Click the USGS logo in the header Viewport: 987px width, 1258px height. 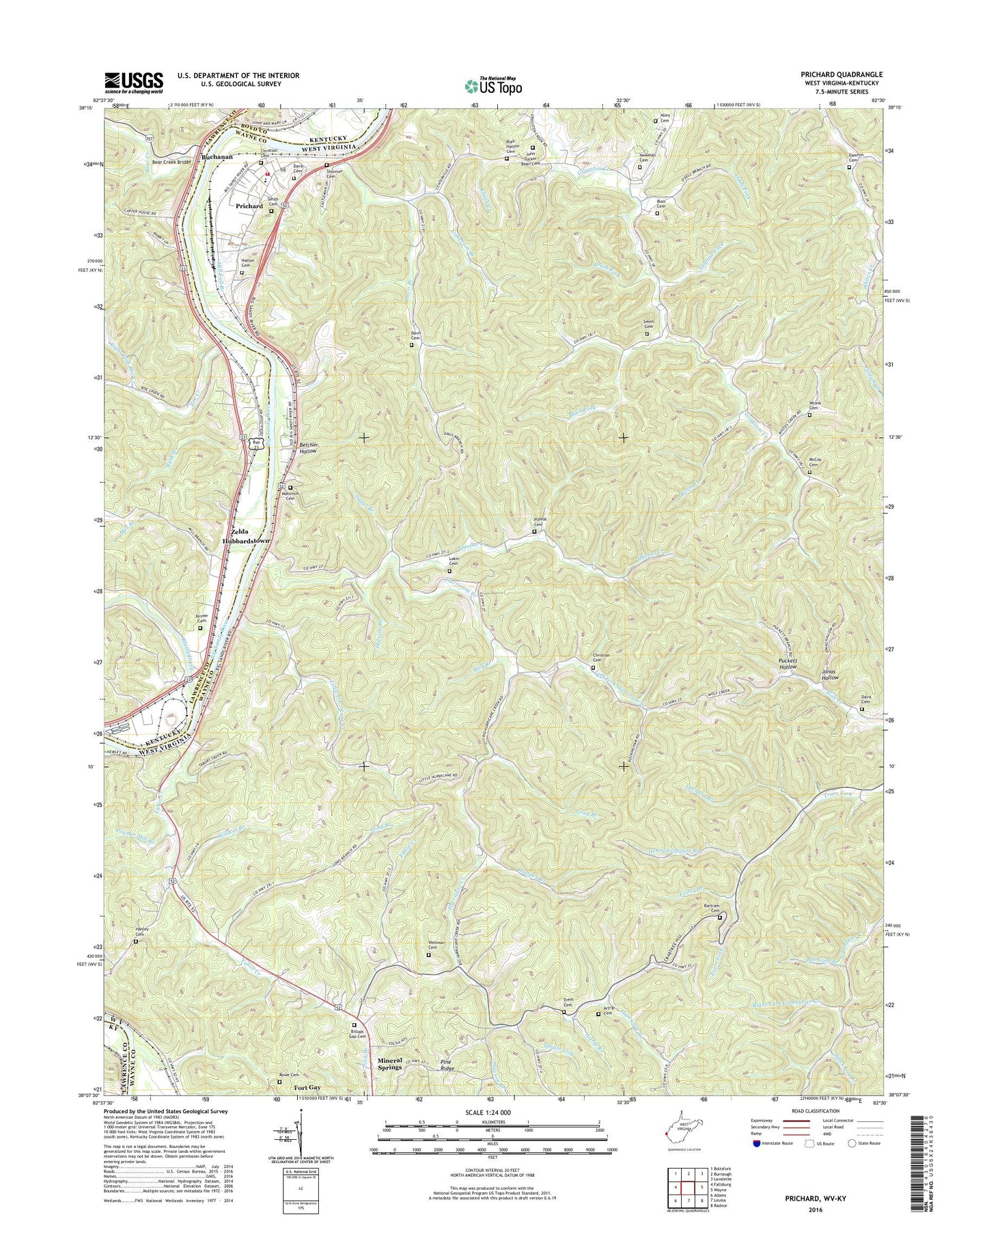(x=134, y=82)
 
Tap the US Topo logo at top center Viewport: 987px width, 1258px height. (x=493, y=85)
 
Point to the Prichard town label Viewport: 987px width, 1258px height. (x=249, y=206)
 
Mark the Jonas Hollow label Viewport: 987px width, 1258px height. (x=830, y=673)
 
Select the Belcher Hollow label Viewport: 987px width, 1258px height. (x=308, y=448)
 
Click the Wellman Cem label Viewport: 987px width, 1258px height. (x=436, y=945)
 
